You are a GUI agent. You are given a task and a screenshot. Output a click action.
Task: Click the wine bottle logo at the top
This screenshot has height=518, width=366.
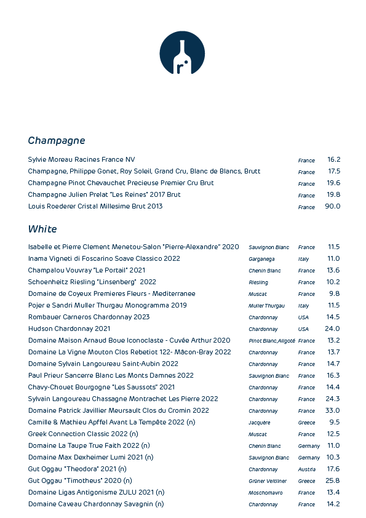[182, 53]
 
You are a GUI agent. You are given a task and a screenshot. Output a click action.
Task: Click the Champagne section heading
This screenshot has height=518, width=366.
[57, 141]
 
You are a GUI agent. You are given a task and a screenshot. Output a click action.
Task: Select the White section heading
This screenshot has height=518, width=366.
[42, 229]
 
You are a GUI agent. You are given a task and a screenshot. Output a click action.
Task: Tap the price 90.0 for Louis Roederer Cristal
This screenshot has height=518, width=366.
[332, 207]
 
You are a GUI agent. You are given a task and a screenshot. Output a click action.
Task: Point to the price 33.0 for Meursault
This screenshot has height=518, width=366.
[332, 411]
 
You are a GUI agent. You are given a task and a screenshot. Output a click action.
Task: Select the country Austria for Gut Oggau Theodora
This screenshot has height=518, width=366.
[307, 470]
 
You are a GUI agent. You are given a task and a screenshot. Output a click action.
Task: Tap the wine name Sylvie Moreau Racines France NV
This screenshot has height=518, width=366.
[81, 160]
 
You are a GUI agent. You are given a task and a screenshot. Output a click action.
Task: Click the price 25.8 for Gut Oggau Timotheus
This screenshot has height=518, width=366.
[332, 481]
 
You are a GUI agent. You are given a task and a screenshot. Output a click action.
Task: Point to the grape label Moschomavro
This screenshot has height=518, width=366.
[265, 493]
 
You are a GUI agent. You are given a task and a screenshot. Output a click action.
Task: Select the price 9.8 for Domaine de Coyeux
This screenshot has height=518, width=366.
[334, 294]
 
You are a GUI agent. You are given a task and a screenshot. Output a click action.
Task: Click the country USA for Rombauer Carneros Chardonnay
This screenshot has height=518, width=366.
[303, 318]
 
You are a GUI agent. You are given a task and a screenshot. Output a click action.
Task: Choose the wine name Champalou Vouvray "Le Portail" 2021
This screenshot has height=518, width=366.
[87, 271]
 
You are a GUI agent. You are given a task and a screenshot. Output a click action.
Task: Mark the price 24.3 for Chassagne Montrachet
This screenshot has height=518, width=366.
[332, 399]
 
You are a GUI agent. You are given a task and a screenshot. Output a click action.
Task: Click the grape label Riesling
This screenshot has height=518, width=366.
[258, 283]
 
